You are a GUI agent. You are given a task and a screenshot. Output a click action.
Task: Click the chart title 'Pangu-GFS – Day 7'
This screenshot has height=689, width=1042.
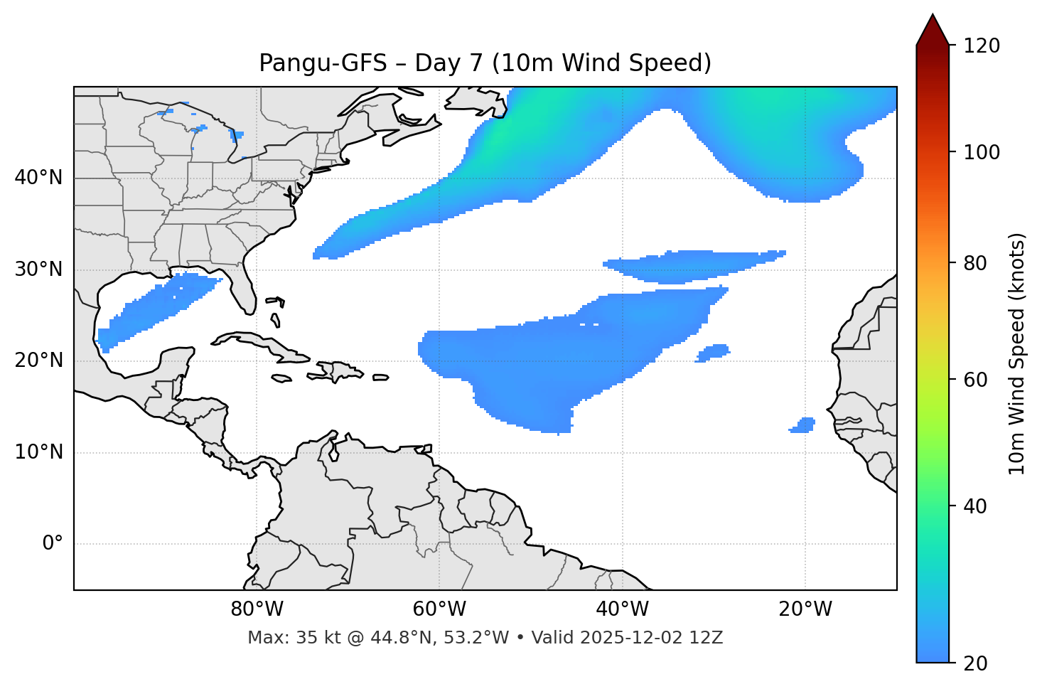pos(485,63)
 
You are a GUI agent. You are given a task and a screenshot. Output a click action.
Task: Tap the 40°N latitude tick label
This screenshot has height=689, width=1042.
pos(38,178)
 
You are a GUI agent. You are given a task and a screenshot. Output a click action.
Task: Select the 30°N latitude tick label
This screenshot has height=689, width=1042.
pos(38,269)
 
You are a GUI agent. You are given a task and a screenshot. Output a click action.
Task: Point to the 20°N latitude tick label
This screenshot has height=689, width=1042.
pos(38,360)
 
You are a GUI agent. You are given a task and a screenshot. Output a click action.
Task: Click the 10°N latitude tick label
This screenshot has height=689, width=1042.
pos(38,452)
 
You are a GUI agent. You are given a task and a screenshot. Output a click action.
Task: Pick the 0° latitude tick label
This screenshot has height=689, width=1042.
pos(53,544)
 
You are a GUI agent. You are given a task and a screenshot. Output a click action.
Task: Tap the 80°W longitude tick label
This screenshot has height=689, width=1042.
pos(257,609)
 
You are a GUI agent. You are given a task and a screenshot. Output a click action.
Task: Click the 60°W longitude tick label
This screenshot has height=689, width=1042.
pos(439,609)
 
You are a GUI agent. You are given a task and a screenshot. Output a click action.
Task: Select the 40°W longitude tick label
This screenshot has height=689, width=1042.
pos(622,609)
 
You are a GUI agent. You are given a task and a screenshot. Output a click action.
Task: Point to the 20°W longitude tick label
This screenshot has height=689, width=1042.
pos(805,609)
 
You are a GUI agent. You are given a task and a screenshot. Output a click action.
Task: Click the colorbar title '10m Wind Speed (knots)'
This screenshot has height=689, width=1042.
pos(1017,353)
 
